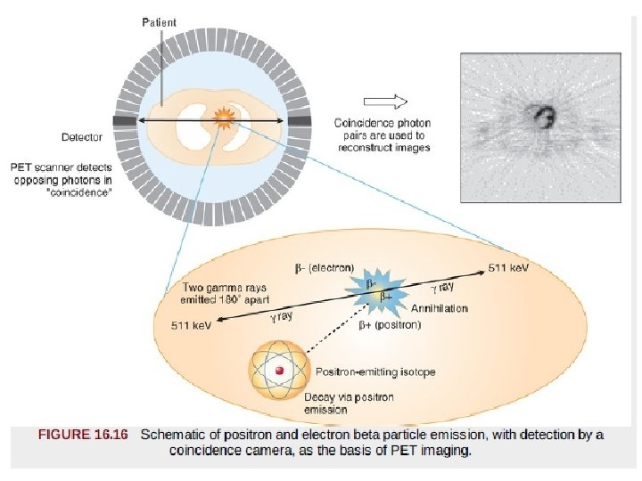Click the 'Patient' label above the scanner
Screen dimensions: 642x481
[160, 22]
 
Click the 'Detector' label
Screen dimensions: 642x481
[81, 138]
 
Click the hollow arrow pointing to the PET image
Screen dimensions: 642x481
[386, 101]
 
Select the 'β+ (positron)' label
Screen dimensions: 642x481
[389, 326]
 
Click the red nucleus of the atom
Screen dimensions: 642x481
[279, 371]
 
